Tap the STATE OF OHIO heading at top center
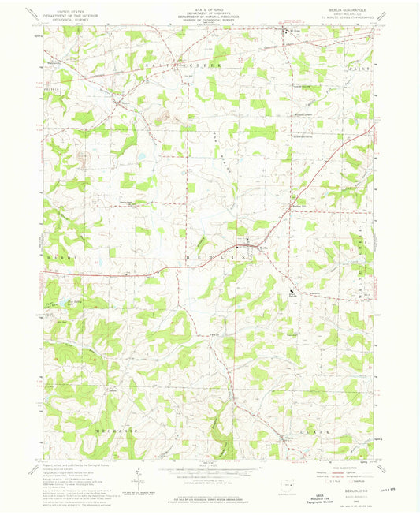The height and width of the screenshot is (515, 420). (x=209, y=9)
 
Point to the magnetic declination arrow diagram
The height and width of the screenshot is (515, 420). (x=136, y=478)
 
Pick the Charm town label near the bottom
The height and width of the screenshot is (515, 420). (x=288, y=438)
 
